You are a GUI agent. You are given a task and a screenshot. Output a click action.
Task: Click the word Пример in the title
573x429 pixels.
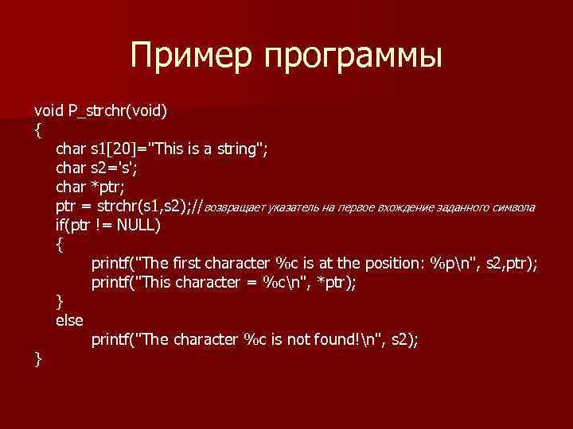191,56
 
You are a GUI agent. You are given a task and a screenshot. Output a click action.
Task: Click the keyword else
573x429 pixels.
69,320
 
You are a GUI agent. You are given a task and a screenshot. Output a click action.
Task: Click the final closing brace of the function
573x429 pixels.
37,359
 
